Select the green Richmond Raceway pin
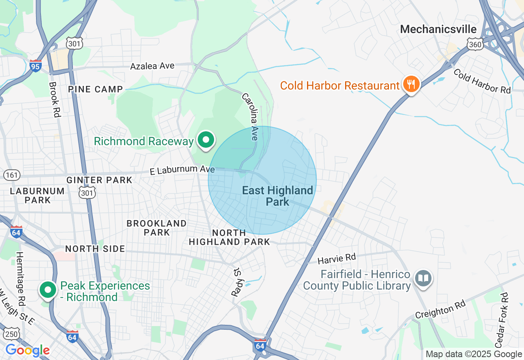click(x=206, y=140)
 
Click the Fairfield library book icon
click(x=423, y=279)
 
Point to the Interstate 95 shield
click(x=36, y=66)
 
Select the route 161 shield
click(x=12, y=175)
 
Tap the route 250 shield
click(x=12, y=334)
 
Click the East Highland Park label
click(x=278, y=196)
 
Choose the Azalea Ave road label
click(x=152, y=66)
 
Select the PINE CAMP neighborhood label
click(x=95, y=89)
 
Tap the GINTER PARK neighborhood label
click(x=99, y=180)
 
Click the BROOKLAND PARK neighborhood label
click(x=156, y=228)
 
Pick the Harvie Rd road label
click(x=337, y=259)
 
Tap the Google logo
click(x=27, y=350)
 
